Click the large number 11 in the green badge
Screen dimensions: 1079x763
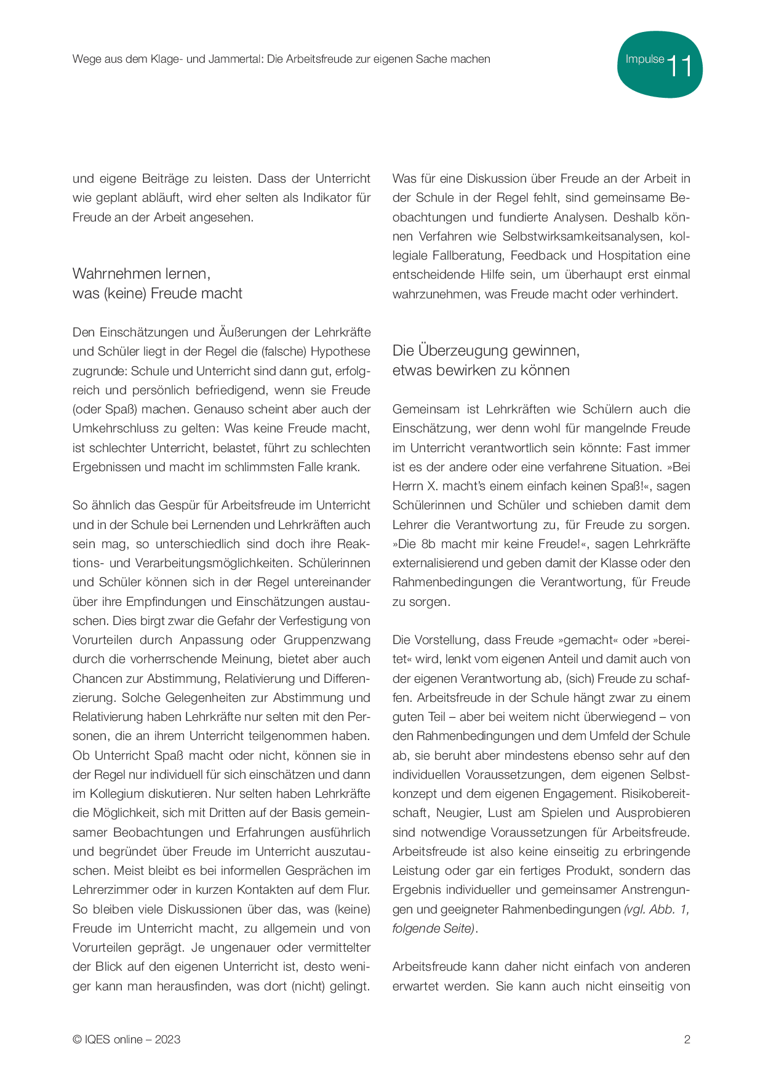click(x=679, y=66)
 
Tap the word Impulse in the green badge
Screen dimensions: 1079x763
click(x=644, y=59)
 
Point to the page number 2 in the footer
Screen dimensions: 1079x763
click(x=687, y=1040)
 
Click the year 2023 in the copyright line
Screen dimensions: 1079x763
click(x=167, y=1040)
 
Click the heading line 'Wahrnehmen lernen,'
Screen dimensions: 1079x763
click(x=142, y=273)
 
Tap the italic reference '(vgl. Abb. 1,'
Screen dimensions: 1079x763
click(x=657, y=909)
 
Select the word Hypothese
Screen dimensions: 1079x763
click(x=340, y=351)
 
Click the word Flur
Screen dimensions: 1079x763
click(x=358, y=890)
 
